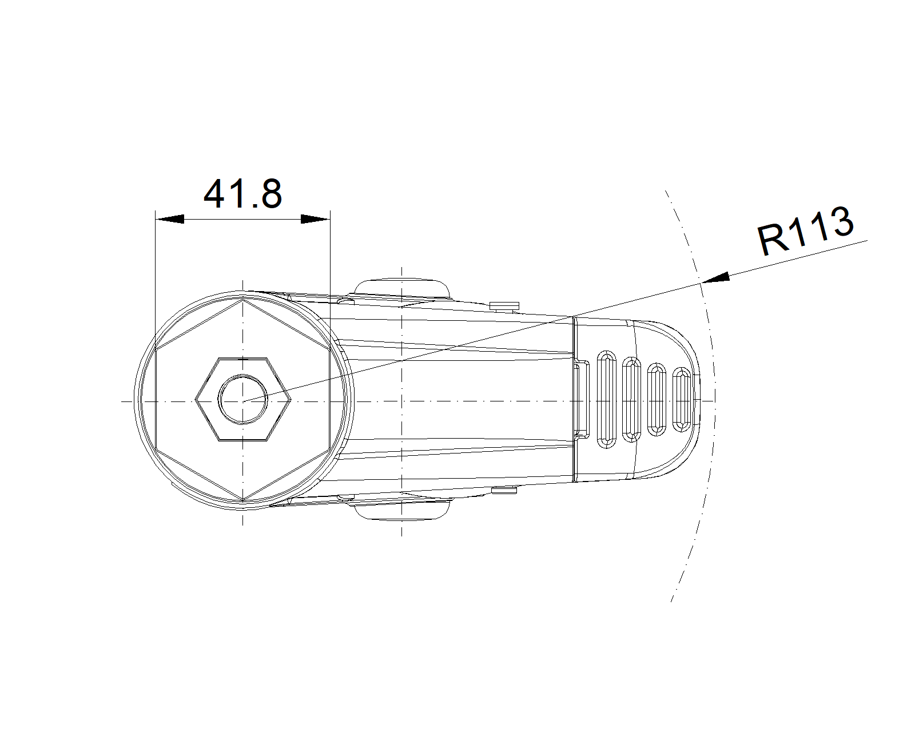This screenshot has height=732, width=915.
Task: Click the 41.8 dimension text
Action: tap(243, 194)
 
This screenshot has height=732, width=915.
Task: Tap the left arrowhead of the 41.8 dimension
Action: tap(170, 219)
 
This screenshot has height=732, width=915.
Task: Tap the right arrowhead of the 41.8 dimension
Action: tap(316, 219)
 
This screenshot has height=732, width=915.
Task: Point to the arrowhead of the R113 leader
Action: tap(715, 278)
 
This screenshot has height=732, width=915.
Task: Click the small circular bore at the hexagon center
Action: tap(243, 399)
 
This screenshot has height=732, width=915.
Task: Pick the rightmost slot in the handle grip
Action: tap(682, 399)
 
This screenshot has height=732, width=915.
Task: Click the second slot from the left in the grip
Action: tap(631, 399)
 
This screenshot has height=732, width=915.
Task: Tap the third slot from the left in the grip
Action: tap(657, 399)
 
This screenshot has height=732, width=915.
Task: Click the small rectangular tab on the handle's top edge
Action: tap(504, 306)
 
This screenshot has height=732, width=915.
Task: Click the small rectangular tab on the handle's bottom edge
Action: tap(504, 491)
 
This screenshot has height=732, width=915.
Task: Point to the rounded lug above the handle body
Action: tap(402, 287)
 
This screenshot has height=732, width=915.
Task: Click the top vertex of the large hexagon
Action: tap(243, 300)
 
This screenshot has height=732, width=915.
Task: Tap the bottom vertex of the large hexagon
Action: tap(243, 499)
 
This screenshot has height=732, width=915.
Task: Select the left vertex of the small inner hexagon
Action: tap(196, 399)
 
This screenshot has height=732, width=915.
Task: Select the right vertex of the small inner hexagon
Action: tap(291, 399)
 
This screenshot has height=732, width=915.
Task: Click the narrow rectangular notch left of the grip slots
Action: tap(581, 399)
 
